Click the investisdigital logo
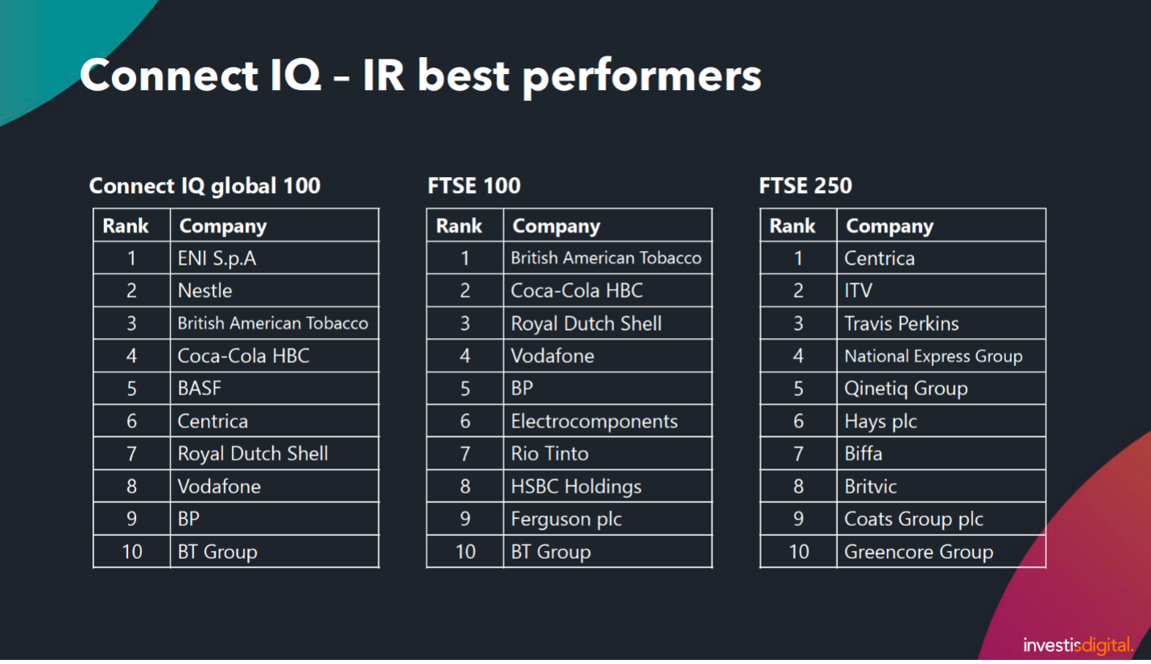[1077, 645]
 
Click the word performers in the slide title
[642, 76]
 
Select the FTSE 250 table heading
[805, 186]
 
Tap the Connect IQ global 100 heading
[204, 186]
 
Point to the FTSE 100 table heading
[474, 186]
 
